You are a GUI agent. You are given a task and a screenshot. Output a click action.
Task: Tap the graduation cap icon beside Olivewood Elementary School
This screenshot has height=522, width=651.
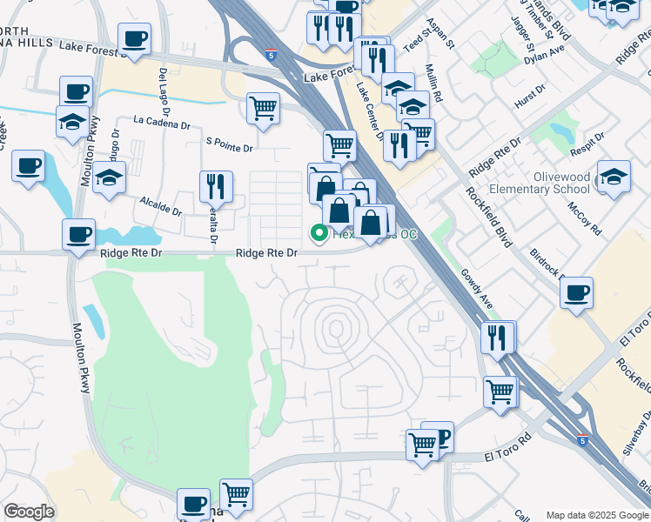coord(613,177)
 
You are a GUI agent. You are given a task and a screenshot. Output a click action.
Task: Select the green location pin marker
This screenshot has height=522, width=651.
coord(319,233)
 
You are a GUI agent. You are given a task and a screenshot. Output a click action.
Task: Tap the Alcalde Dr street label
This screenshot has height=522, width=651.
coord(161,205)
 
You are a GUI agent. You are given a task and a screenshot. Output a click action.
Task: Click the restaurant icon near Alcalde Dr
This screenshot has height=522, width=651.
coord(216,186)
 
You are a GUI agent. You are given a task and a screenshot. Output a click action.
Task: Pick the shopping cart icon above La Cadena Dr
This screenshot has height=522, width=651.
coord(263,109)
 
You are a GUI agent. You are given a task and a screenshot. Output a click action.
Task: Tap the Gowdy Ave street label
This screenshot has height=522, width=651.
coord(478,290)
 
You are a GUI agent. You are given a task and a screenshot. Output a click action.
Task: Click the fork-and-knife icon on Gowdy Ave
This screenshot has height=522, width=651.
coord(497,337)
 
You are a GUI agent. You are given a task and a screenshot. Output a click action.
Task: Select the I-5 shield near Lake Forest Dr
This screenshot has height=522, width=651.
coord(272,54)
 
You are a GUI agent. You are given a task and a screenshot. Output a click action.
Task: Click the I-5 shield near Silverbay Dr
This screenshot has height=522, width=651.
coord(581,441)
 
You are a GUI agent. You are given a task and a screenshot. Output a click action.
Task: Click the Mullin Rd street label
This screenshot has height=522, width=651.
coord(432,87)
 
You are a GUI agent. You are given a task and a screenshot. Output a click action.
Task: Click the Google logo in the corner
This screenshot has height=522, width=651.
coord(29,512)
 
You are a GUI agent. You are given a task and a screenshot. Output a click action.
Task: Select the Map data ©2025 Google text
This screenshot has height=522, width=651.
coord(596,515)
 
